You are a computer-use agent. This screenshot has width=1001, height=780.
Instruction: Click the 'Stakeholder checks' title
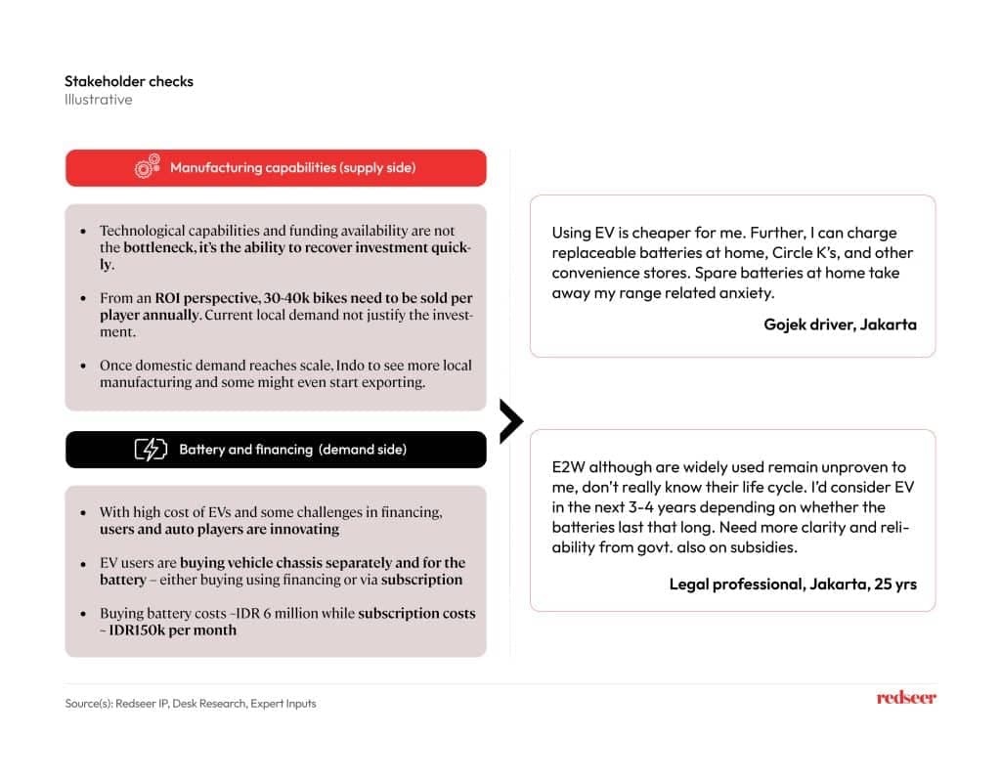pyautogui.click(x=129, y=81)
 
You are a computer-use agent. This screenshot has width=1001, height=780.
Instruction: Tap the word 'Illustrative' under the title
pyautogui.click(x=99, y=100)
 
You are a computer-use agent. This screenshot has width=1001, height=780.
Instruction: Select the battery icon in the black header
pyautogui.click(x=151, y=450)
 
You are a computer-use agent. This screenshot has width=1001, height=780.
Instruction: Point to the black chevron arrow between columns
pyautogui.click(x=510, y=421)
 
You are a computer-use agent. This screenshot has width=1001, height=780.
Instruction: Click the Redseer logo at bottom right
pyautogui.click(x=905, y=698)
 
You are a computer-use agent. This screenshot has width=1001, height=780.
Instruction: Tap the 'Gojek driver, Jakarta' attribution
pyautogui.click(x=840, y=325)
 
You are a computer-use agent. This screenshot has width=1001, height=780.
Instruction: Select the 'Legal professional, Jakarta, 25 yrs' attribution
pyautogui.click(x=793, y=585)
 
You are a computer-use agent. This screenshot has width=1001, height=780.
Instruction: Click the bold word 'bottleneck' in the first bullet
pyautogui.click(x=148, y=248)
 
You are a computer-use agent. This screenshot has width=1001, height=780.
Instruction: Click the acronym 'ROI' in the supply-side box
pyautogui.click(x=169, y=297)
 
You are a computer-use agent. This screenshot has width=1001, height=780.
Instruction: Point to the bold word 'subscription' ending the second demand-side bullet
pyautogui.click(x=422, y=580)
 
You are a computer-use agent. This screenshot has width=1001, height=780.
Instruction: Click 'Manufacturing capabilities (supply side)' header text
pyautogui.click(x=293, y=168)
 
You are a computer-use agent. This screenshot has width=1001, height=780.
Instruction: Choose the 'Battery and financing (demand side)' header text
pyautogui.click(x=293, y=450)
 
